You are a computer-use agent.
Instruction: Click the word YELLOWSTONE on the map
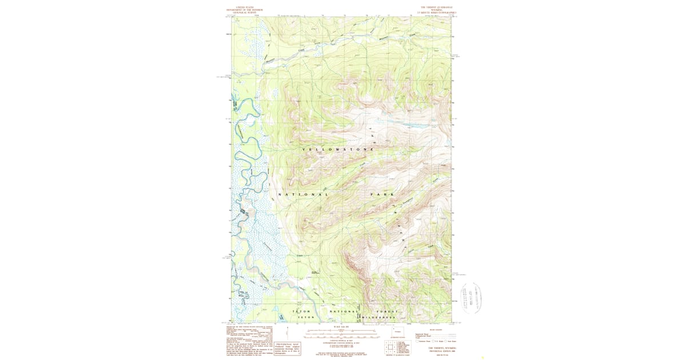[x=338, y=149]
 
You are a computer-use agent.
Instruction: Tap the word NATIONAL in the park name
[x=304, y=195]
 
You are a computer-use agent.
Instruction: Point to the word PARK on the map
[x=382, y=195]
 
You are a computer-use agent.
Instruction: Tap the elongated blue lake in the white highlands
[x=409, y=125]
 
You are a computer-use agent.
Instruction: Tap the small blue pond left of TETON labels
[x=281, y=316]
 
